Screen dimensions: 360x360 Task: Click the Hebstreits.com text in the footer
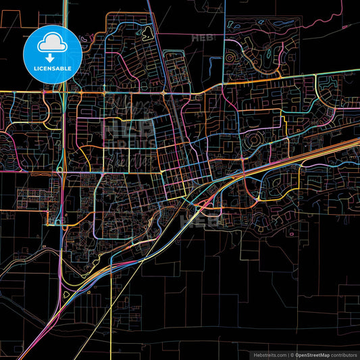pyautogui.click(x=268, y=355)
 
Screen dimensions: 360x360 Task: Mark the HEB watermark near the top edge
pyautogui.click(x=203, y=38)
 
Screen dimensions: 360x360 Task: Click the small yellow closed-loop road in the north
pyautogui.click(x=145, y=30)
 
